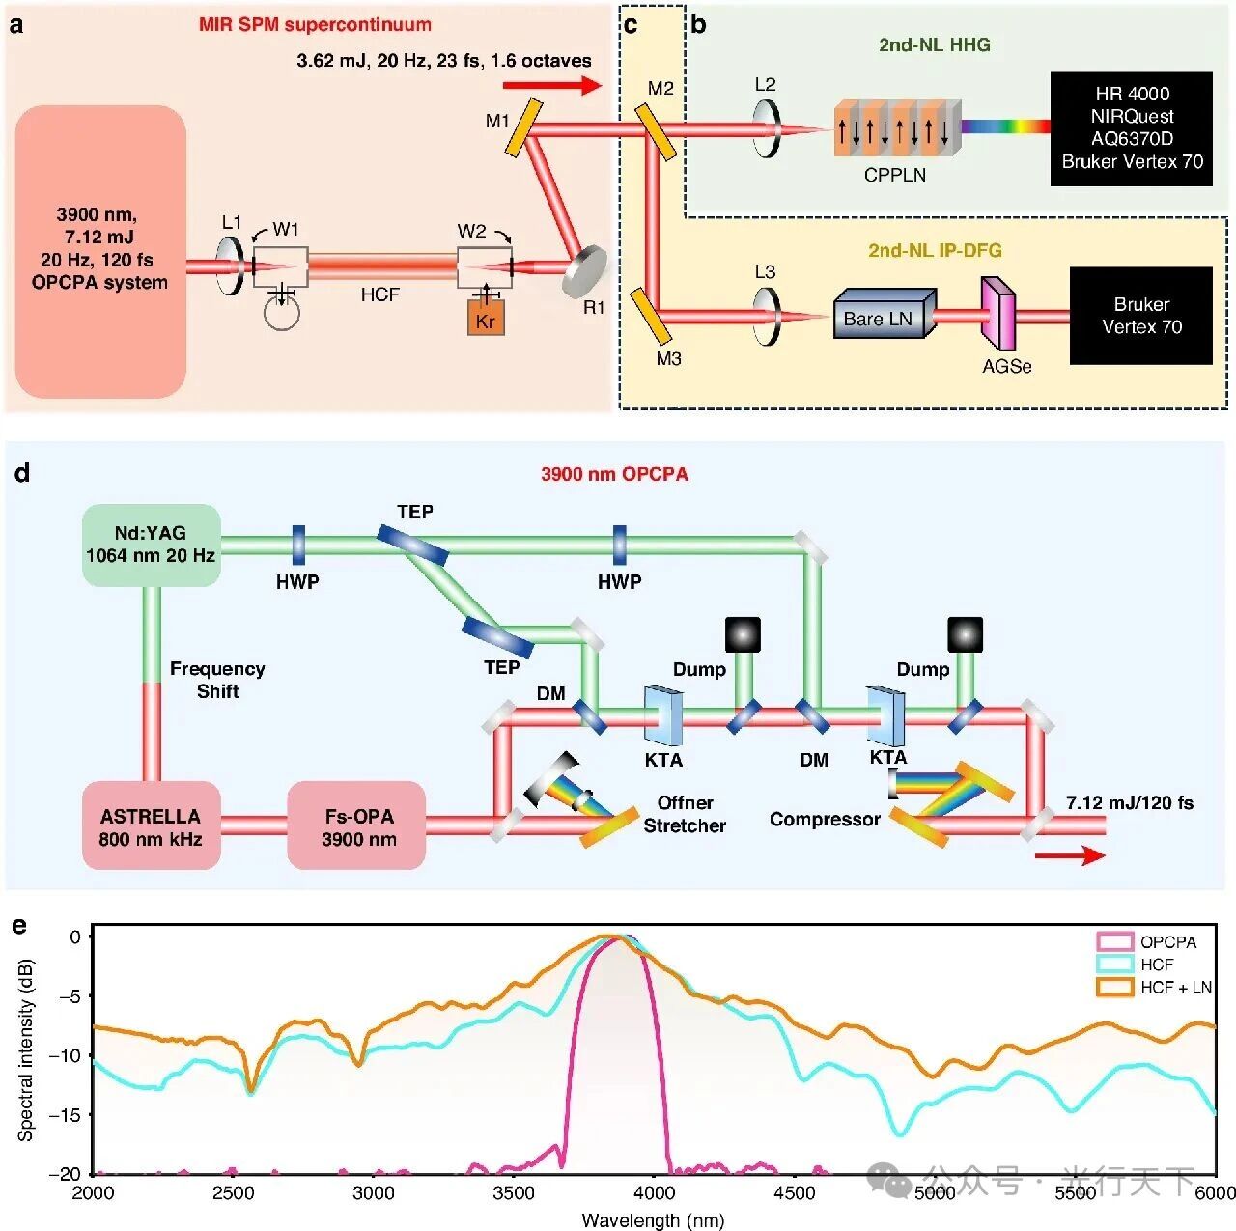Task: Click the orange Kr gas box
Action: pos(486,318)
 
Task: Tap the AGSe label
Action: pos(1007,366)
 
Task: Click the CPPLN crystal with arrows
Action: pos(897,128)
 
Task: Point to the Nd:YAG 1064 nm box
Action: pos(152,546)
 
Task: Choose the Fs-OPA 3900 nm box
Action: pos(356,825)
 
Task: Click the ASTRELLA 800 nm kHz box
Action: pos(152,825)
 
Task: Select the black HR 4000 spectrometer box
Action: pos(1132,128)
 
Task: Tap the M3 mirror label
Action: pos(668,358)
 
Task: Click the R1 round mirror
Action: pos(584,270)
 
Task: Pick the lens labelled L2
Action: pos(767,129)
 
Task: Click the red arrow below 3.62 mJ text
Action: pos(552,85)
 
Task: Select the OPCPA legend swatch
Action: pos(1114,941)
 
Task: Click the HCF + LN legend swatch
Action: pos(1114,987)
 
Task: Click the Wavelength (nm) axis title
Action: pos(653,1219)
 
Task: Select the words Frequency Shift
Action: pos(217,680)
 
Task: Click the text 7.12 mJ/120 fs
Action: pos(1130,802)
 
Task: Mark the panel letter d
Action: pos(22,473)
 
